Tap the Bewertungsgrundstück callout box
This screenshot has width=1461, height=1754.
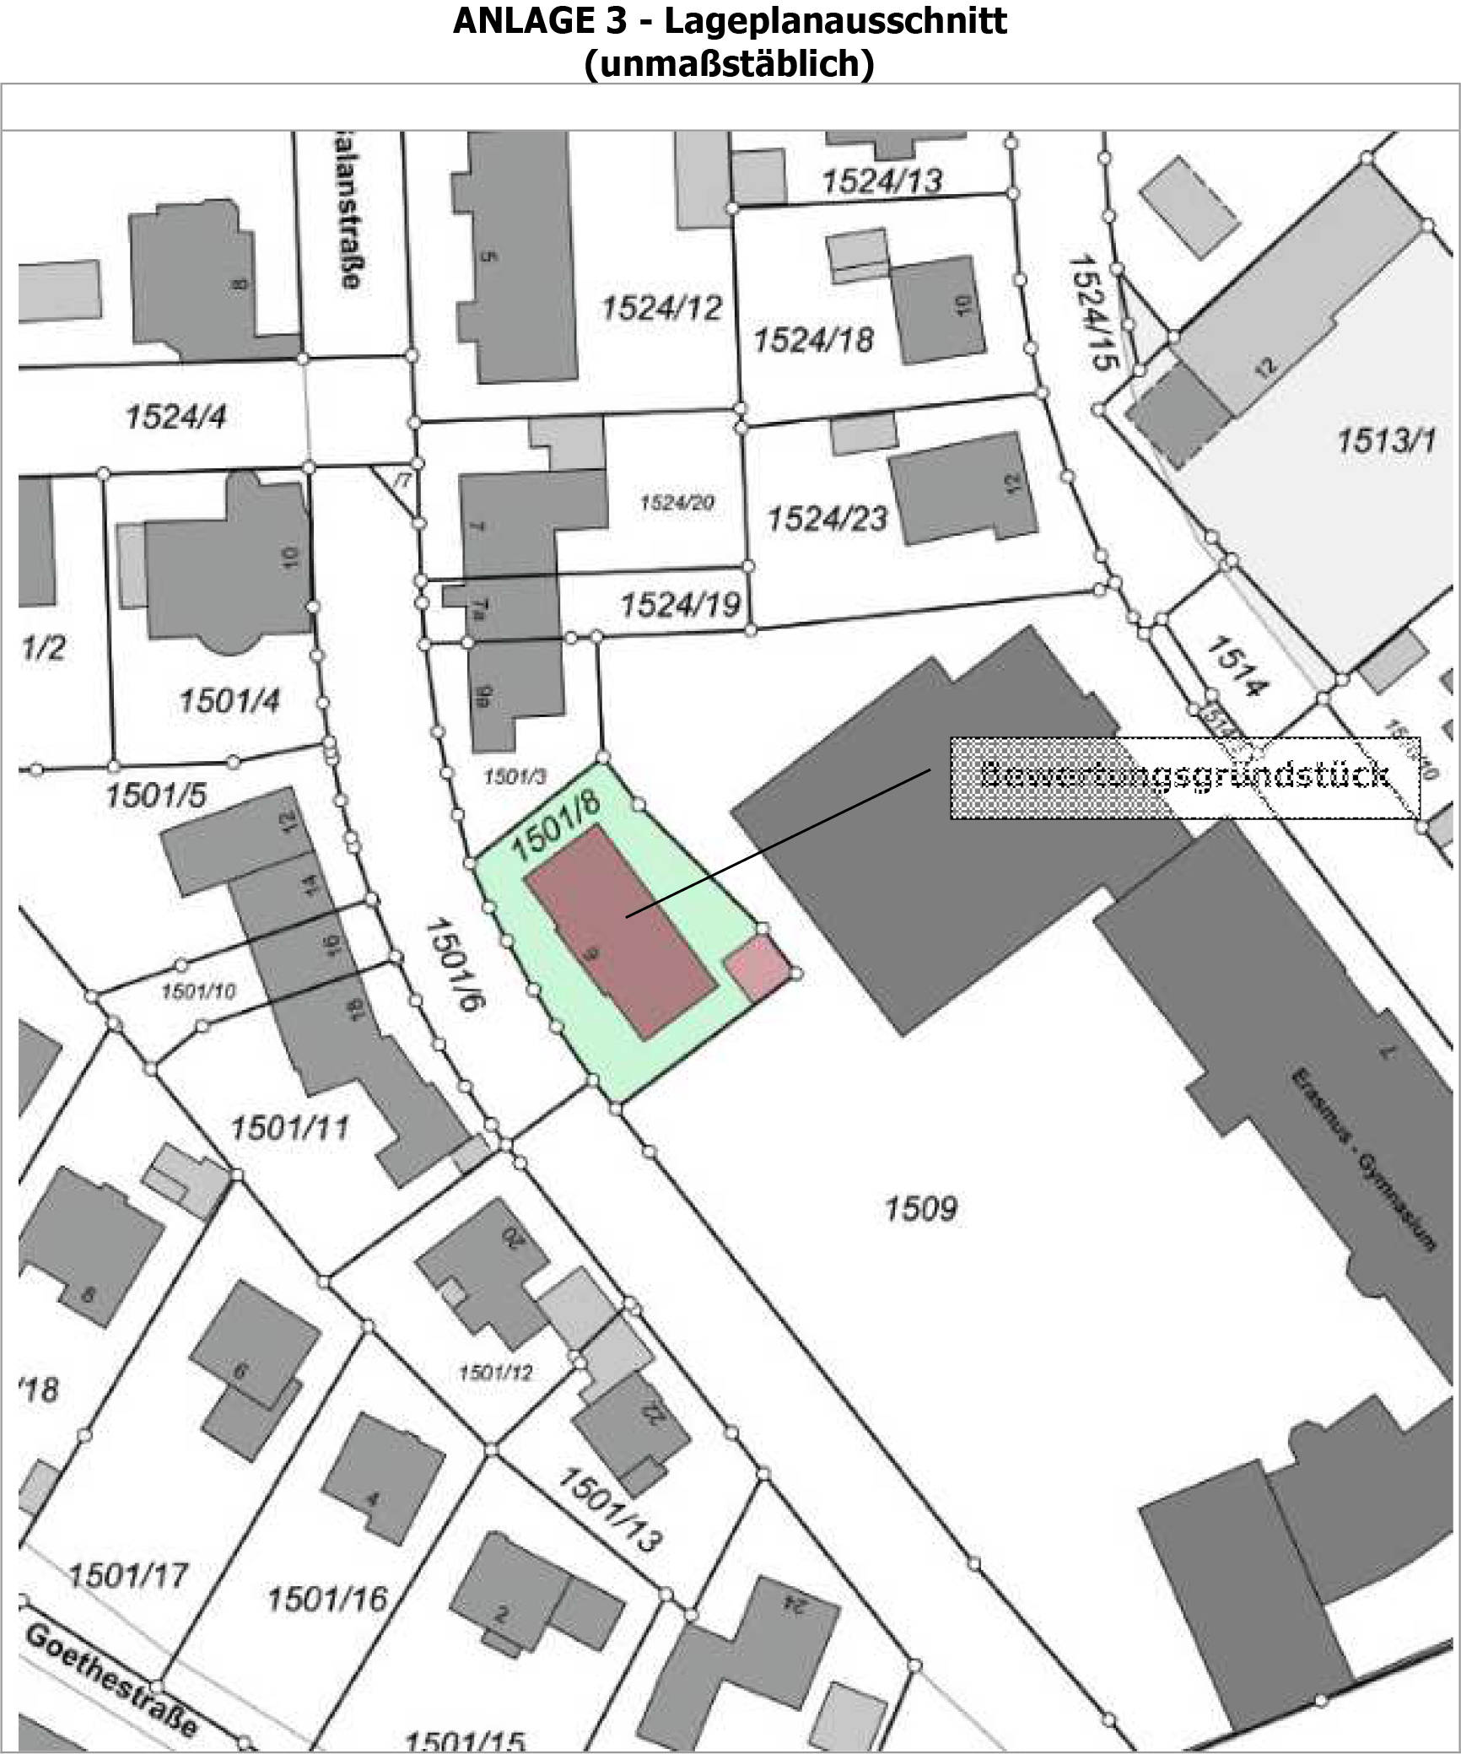tap(1184, 777)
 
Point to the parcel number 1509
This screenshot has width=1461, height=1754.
tap(920, 1209)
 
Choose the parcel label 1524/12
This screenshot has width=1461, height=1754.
tap(661, 308)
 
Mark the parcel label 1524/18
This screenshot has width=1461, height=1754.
tap(813, 340)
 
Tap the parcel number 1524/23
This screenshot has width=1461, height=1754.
tap(827, 518)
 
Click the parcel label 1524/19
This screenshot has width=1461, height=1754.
tap(681, 604)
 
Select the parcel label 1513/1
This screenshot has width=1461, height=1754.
tap(1385, 440)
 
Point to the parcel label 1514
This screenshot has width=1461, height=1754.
tap(1237, 667)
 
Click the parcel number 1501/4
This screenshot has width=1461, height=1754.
tap(229, 700)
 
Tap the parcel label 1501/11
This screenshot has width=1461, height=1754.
tap(289, 1128)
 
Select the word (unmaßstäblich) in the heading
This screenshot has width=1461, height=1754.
tap(729, 63)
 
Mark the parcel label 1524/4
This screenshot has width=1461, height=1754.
tap(175, 416)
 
